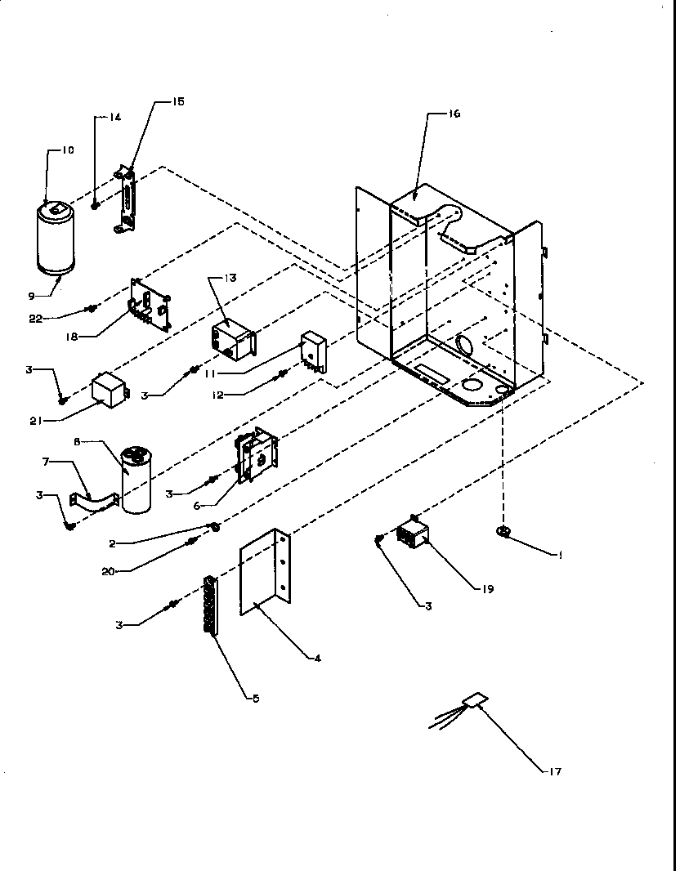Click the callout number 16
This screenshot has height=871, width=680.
[x=454, y=114]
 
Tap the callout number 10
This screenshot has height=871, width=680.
[x=67, y=150]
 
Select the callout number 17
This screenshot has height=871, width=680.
[x=556, y=771]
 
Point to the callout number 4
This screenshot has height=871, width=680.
[x=318, y=658]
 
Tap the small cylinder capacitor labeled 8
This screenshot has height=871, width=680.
[x=137, y=482]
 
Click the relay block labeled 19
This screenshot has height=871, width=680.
[x=413, y=538]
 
